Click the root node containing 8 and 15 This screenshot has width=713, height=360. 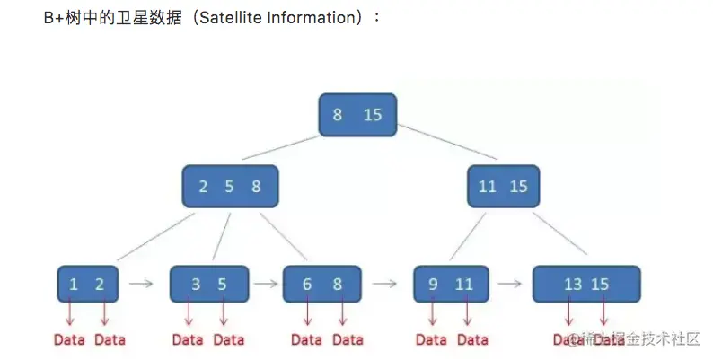(356, 114)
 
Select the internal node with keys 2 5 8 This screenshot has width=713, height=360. (229, 187)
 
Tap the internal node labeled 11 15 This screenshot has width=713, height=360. (503, 187)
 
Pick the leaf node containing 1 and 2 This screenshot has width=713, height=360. (87, 284)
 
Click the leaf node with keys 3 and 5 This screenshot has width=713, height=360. (208, 284)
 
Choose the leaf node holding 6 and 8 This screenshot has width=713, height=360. (321, 284)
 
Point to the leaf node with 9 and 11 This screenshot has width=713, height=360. (451, 284)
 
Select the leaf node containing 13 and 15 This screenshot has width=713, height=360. (585, 284)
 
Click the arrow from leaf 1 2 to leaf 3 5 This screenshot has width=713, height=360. (142, 284)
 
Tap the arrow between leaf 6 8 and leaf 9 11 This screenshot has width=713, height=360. (385, 284)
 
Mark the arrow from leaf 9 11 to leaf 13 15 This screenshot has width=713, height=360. (510, 284)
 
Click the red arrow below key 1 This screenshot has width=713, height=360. (71, 313)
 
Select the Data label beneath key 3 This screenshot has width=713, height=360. (188, 339)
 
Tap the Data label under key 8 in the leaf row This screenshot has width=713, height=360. (348, 339)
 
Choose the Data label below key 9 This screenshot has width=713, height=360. (431, 339)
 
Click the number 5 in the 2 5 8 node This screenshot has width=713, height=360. (229, 187)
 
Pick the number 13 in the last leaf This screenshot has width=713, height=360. (573, 285)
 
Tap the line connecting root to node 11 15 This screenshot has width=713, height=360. (449, 148)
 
